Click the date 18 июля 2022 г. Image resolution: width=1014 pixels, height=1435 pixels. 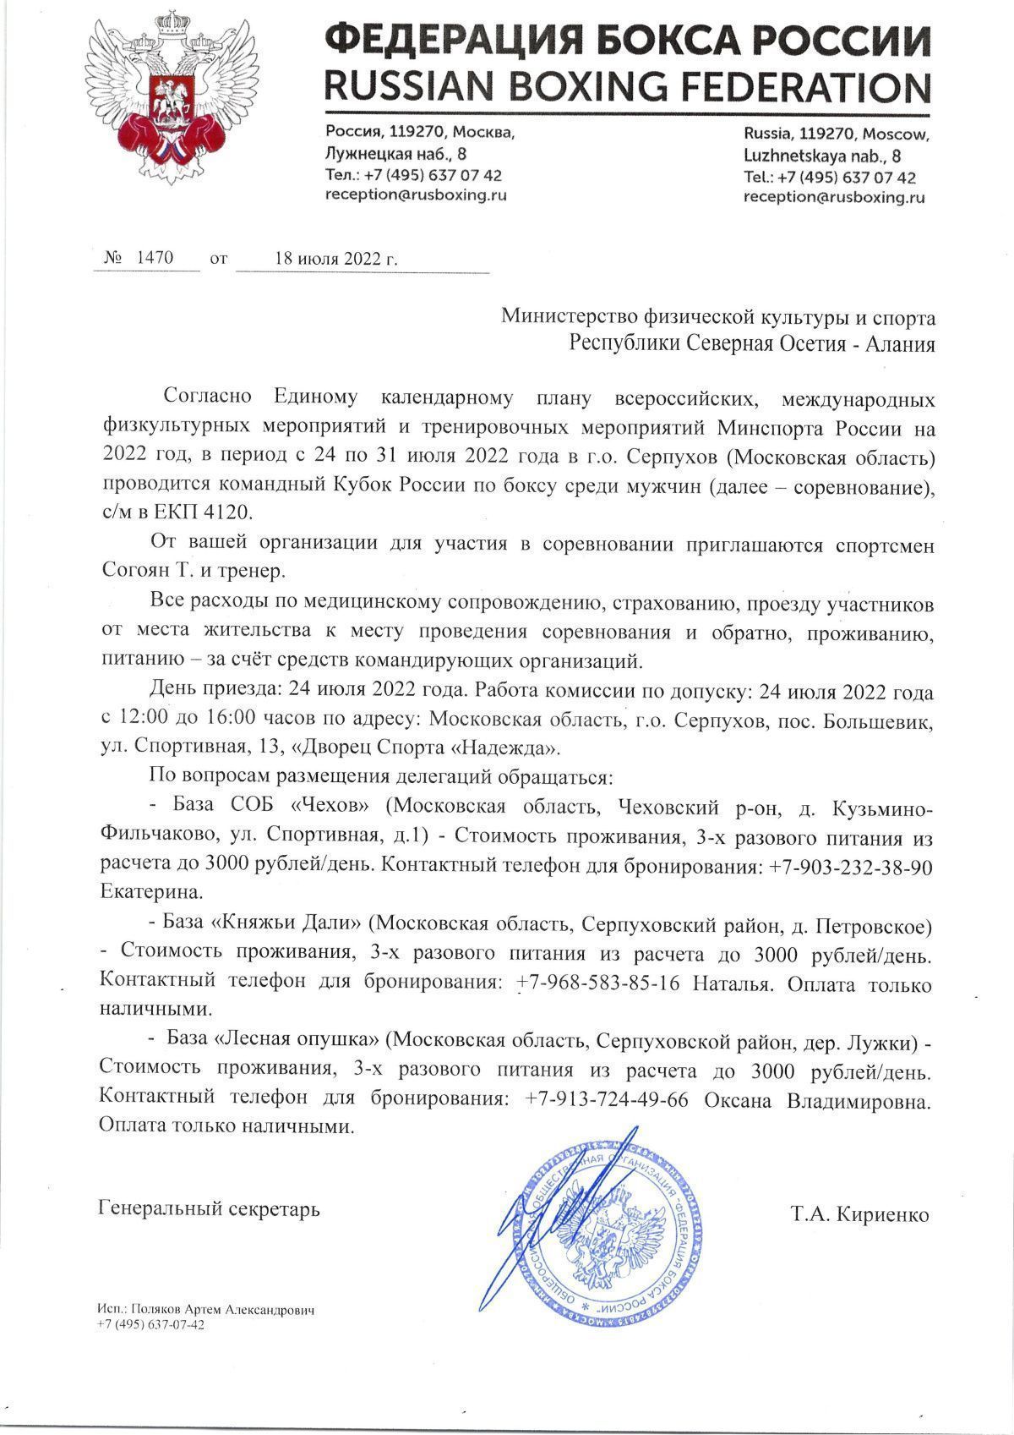click(335, 259)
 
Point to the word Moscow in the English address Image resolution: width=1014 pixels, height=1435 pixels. click(897, 135)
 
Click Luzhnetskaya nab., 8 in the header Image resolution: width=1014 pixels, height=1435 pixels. click(821, 156)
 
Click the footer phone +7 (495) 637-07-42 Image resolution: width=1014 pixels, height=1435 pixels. click(151, 1325)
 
